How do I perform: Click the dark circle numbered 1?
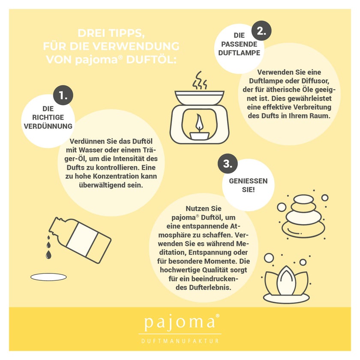pyautogui.click(x=63, y=95)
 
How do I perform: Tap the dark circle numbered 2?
pyautogui.click(x=261, y=31)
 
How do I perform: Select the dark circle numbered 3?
pyautogui.click(x=228, y=164)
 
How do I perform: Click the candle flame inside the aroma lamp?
pyautogui.click(x=199, y=123)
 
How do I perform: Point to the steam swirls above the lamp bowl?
pyautogui.click(x=200, y=80)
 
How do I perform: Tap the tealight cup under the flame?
pyautogui.click(x=199, y=135)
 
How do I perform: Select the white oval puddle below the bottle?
pyautogui.click(x=48, y=277)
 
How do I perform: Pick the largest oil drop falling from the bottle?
pyautogui.click(x=48, y=255)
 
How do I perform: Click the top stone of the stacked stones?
pyautogui.click(x=304, y=199)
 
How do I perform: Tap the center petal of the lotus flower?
pyautogui.click(x=286, y=281)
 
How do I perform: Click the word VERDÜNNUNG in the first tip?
pyautogui.click(x=48, y=126)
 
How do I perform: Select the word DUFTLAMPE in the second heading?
pyautogui.click(x=239, y=53)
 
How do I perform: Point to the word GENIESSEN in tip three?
pyautogui.click(x=248, y=181)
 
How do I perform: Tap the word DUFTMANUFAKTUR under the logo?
pyautogui.click(x=180, y=341)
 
